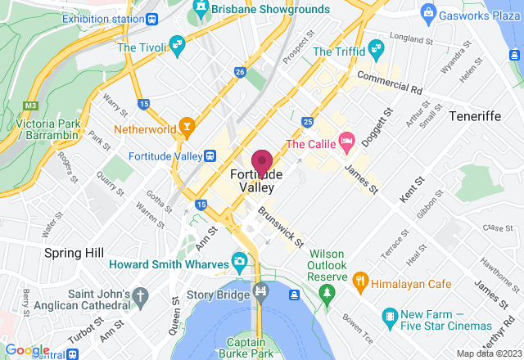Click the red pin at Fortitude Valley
pyautogui.click(x=262, y=162)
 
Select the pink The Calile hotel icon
pyautogui.click(x=346, y=141)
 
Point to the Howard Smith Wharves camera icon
pyautogui.click(x=239, y=262)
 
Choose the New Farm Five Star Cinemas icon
pyautogui.click(x=391, y=315)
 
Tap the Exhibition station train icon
pyautogui.click(x=151, y=18)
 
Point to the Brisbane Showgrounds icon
pyautogui.click(x=199, y=11)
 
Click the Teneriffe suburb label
pyautogui.click(x=475, y=116)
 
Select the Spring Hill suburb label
pyautogui.click(x=74, y=253)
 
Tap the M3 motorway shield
pyautogui.click(x=32, y=105)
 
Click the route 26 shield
pyautogui.click(x=239, y=73)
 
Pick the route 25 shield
pyautogui.click(x=307, y=122)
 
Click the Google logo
pyautogui.click(x=26, y=350)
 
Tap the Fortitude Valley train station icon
pyautogui.click(x=210, y=155)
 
